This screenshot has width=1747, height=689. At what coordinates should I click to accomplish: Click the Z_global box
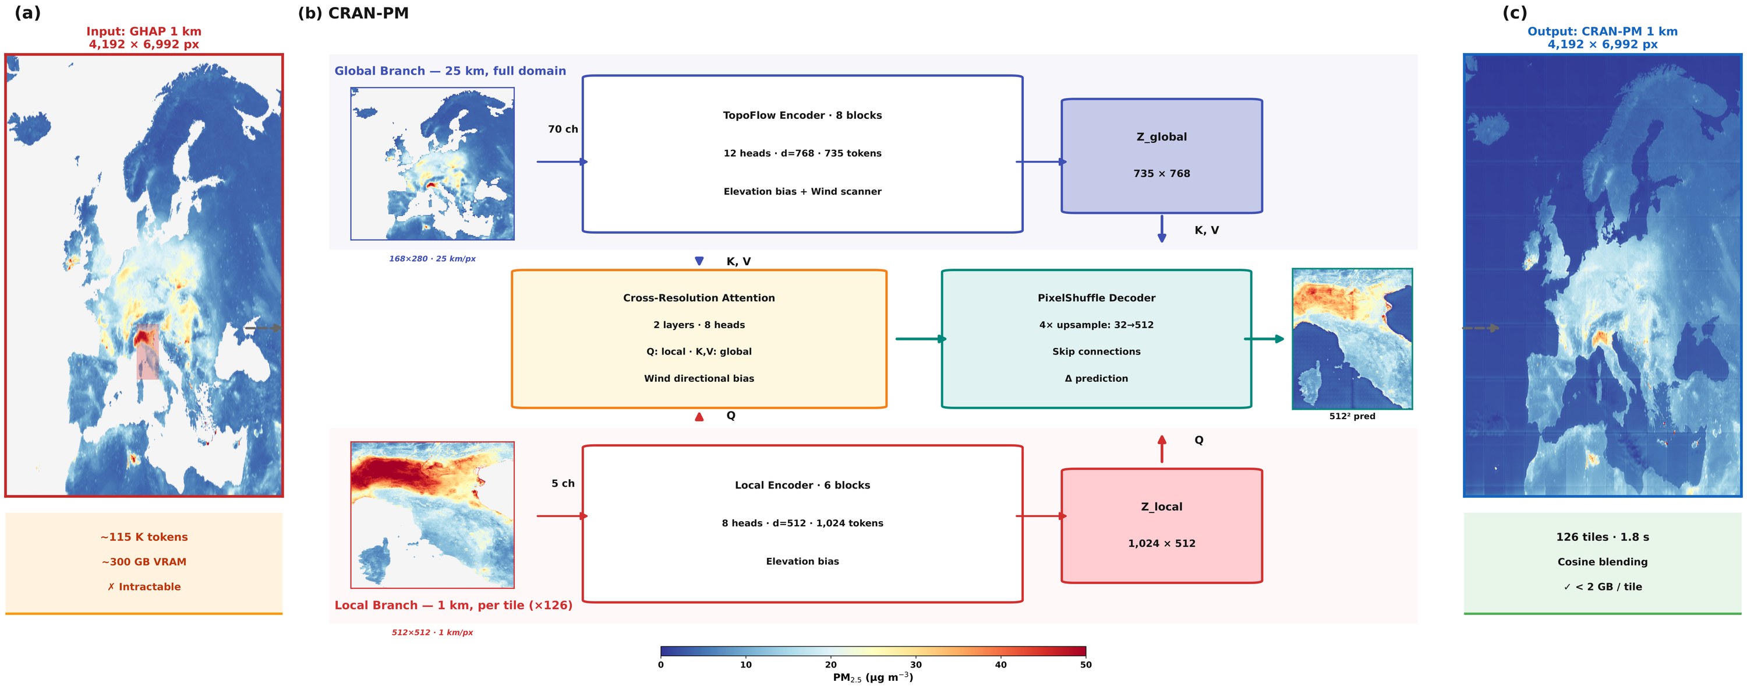coord(1161,156)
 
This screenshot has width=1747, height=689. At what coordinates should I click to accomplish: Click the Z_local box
coord(1161,525)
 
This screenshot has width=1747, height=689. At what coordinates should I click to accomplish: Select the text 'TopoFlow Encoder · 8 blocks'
coord(802,115)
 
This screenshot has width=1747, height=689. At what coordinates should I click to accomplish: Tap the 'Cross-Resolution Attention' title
coord(699,298)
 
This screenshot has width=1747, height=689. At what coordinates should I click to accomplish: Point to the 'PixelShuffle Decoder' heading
coord(1096,298)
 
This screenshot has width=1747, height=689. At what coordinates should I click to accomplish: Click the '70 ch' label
coord(563,129)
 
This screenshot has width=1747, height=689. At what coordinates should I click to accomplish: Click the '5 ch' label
coord(563,483)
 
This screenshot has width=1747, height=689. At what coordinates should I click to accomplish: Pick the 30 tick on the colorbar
coord(915,665)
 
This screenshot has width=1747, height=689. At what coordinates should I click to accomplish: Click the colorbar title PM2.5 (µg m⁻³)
coord(873,677)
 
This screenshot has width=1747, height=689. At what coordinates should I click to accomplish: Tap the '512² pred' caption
coord(1352,416)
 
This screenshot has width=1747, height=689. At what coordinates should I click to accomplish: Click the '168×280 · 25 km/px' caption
coord(432,259)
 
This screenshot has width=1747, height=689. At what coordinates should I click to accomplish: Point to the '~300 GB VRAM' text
coord(144,562)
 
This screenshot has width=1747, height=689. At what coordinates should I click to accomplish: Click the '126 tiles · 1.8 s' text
coord(1602,537)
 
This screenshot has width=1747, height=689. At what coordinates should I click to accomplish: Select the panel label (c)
coord(1515,13)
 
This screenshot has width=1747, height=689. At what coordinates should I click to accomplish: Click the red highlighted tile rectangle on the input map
coord(147,351)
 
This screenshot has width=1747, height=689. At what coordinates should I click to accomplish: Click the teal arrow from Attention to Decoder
coord(921,339)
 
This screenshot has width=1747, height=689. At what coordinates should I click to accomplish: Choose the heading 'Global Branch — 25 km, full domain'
coord(450,71)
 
